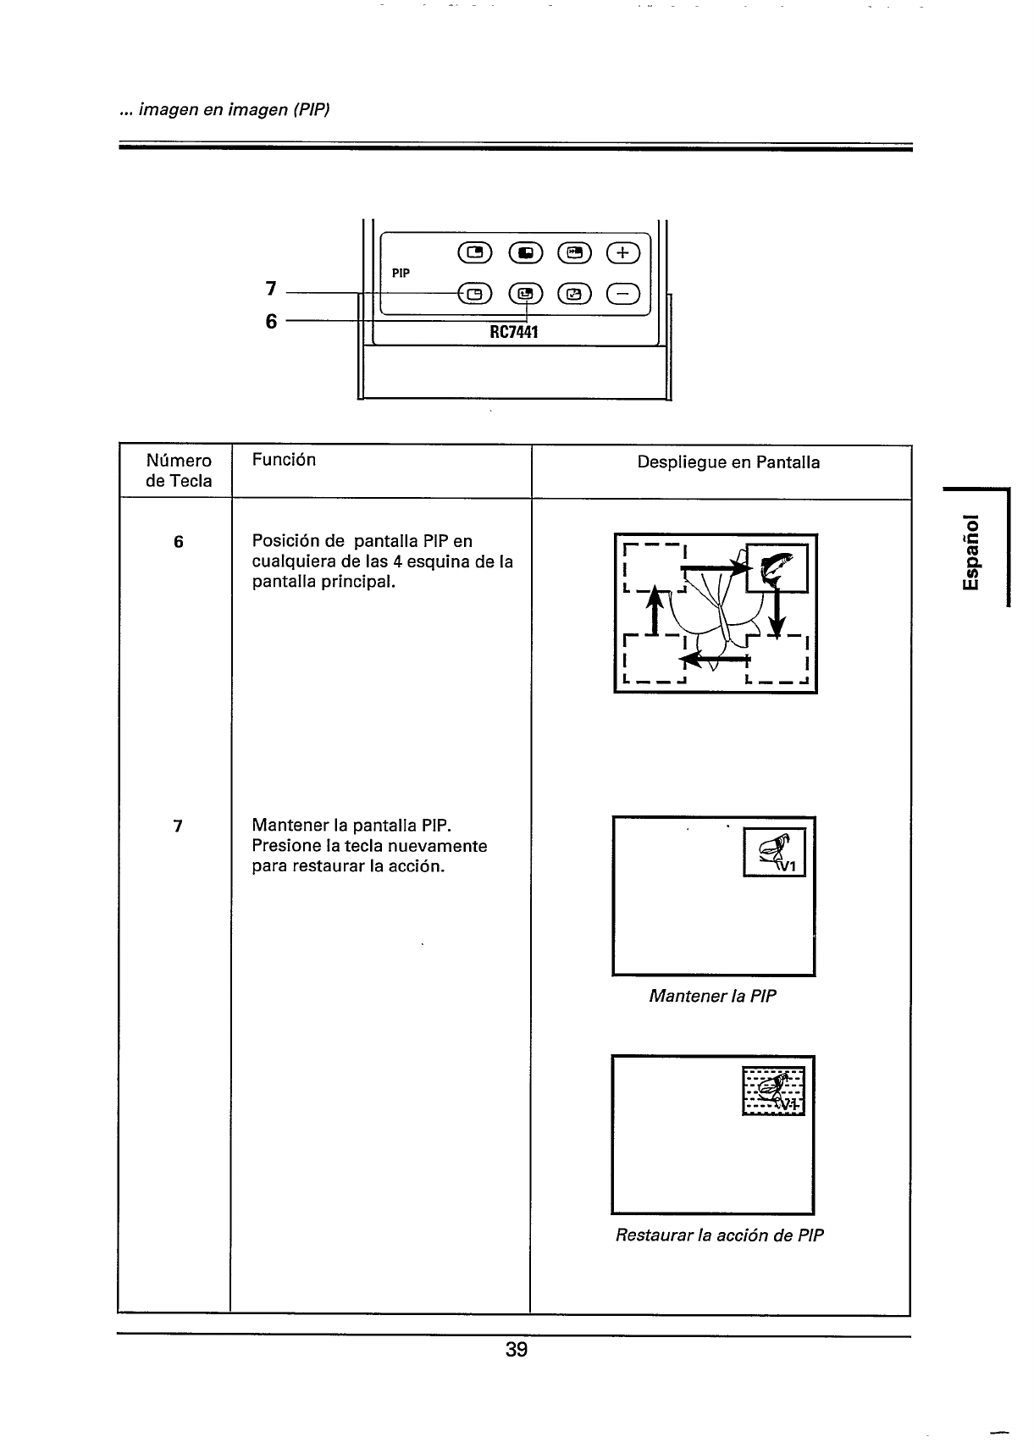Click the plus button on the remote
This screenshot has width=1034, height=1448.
[623, 252]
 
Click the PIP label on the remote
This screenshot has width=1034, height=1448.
[401, 274]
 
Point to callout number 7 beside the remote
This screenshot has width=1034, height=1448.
[271, 289]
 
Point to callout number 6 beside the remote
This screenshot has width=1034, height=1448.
[271, 322]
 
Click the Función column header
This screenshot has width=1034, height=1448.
[284, 460]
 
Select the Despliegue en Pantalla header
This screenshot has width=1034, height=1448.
[728, 462]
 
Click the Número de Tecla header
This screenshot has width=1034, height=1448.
[179, 471]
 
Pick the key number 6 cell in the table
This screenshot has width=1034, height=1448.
[178, 542]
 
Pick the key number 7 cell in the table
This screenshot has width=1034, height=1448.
[178, 826]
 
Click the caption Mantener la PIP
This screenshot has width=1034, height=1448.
[712, 996]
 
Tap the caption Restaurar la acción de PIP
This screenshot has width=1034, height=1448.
[719, 1235]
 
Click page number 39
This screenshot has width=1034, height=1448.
[516, 1350]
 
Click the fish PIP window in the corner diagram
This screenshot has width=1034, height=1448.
[777, 568]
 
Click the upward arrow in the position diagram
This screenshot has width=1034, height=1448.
[654, 611]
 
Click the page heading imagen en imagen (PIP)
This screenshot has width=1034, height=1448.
[224, 110]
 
